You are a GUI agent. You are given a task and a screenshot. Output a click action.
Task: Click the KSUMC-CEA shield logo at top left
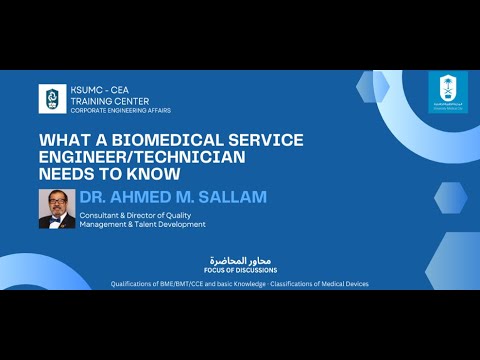click(53, 98)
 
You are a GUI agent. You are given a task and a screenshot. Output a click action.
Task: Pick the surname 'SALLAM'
click(231, 197)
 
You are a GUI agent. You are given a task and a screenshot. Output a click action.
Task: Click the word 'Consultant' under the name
click(105, 214)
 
